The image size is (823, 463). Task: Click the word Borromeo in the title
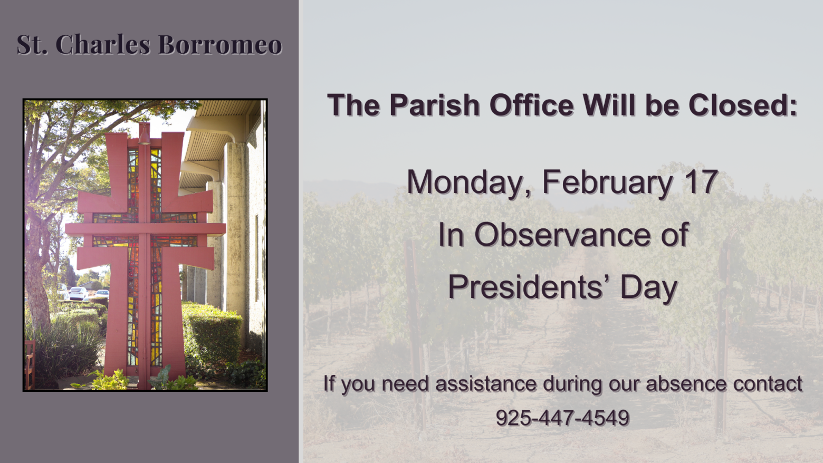click(x=220, y=44)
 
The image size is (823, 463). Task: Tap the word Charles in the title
click(x=103, y=44)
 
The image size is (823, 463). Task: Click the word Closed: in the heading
click(x=743, y=105)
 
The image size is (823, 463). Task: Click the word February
click(x=607, y=183)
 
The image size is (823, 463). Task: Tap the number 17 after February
click(x=701, y=182)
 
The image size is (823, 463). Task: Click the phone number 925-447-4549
click(x=562, y=418)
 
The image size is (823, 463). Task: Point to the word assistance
click(x=486, y=384)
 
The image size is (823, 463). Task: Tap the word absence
click(x=686, y=384)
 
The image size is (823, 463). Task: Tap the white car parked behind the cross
click(x=79, y=293)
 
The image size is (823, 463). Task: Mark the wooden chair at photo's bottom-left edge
click(x=30, y=363)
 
